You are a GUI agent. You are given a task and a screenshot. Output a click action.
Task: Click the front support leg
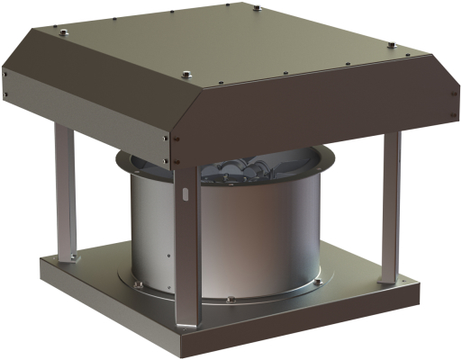pyautogui.click(x=187, y=243)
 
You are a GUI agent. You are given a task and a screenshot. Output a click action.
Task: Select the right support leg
pyautogui.click(x=389, y=207)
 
